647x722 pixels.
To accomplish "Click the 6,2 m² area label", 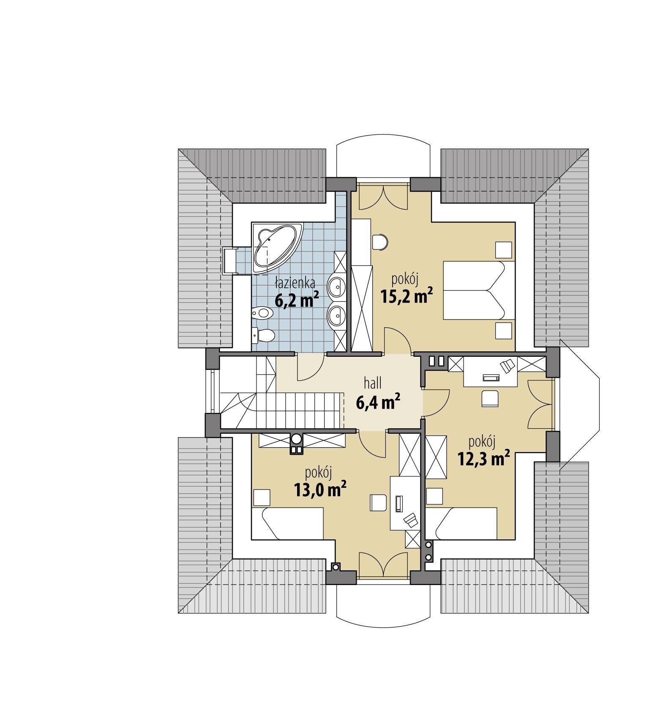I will (x=296, y=301).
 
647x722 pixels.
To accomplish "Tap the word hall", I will (x=373, y=383).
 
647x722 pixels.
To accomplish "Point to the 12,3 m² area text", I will (x=483, y=458).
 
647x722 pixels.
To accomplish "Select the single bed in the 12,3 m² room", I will (x=461, y=523).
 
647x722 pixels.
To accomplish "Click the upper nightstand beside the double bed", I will (x=504, y=249).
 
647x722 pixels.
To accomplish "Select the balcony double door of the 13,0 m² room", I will (x=383, y=564).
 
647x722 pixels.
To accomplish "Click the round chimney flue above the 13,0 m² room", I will (x=297, y=438).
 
